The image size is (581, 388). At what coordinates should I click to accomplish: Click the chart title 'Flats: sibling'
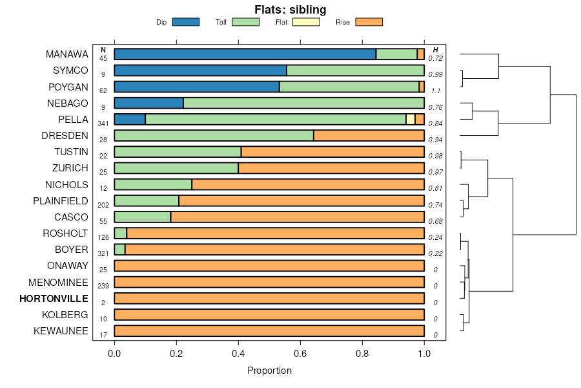(x=290, y=10)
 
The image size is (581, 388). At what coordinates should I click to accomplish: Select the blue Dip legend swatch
(x=186, y=22)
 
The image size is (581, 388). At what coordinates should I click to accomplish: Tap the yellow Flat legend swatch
(x=306, y=22)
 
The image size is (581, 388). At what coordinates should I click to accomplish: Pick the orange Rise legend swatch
(x=369, y=22)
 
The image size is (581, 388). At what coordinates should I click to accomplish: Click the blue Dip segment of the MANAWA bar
(x=245, y=54)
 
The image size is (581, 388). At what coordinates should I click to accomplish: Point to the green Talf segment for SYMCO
(x=355, y=70)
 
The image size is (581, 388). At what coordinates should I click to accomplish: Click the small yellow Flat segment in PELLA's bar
(x=411, y=119)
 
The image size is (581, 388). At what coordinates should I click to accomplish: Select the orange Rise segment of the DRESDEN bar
(x=369, y=136)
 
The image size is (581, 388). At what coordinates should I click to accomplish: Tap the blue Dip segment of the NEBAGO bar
(x=148, y=103)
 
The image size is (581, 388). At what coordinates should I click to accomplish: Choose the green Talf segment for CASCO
(x=143, y=217)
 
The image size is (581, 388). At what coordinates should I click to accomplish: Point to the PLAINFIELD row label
(x=61, y=201)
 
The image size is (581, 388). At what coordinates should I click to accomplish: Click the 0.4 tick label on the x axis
(x=238, y=354)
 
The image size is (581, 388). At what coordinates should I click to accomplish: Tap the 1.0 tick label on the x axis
(x=424, y=354)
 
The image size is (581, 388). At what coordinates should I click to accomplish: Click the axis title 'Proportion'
(x=269, y=371)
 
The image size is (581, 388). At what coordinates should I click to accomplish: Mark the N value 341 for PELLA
(x=103, y=123)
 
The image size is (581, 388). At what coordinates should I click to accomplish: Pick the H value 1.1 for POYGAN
(x=436, y=91)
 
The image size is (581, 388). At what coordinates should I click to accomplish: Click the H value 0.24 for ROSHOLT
(x=436, y=237)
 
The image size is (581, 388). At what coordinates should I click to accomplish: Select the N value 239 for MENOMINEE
(x=103, y=286)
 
